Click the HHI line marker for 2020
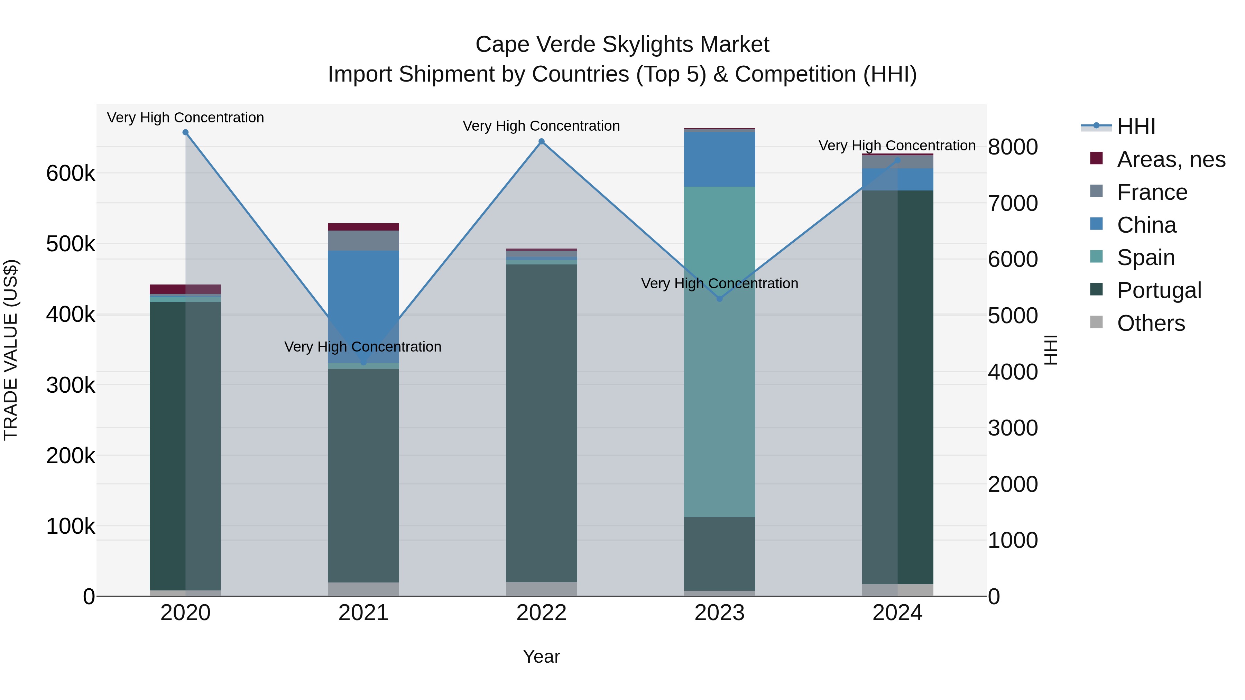pyautogui.click(x=186, y=132)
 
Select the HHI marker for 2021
pyautogui.click(x=363, y=362)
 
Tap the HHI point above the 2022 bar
pyautogui.click(x=541, y=141)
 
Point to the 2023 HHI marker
pyautogui.click(x=719, y=299)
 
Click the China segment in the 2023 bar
pyautogui.click(x=719, y=159)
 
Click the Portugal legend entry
pyautogui.click(x=1159, y=290)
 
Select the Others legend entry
pyautogui.click(x=1151, y=323)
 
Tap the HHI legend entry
pyautogui.click(x=1136, y=127)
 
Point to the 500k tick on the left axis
pyautogui.click(x=71, y=244)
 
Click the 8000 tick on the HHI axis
pyautogui.click(x=1013, y=147)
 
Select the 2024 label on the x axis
pyautogui.click(x=897, y=613)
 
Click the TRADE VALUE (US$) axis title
pyautogui.click(x=11, y=350)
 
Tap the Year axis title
pyautogui.click(x=541, y=656)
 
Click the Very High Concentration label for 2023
pyautogui.click(x=719, y=283)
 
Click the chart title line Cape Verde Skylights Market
pyautogui.click(x=622, y=45)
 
